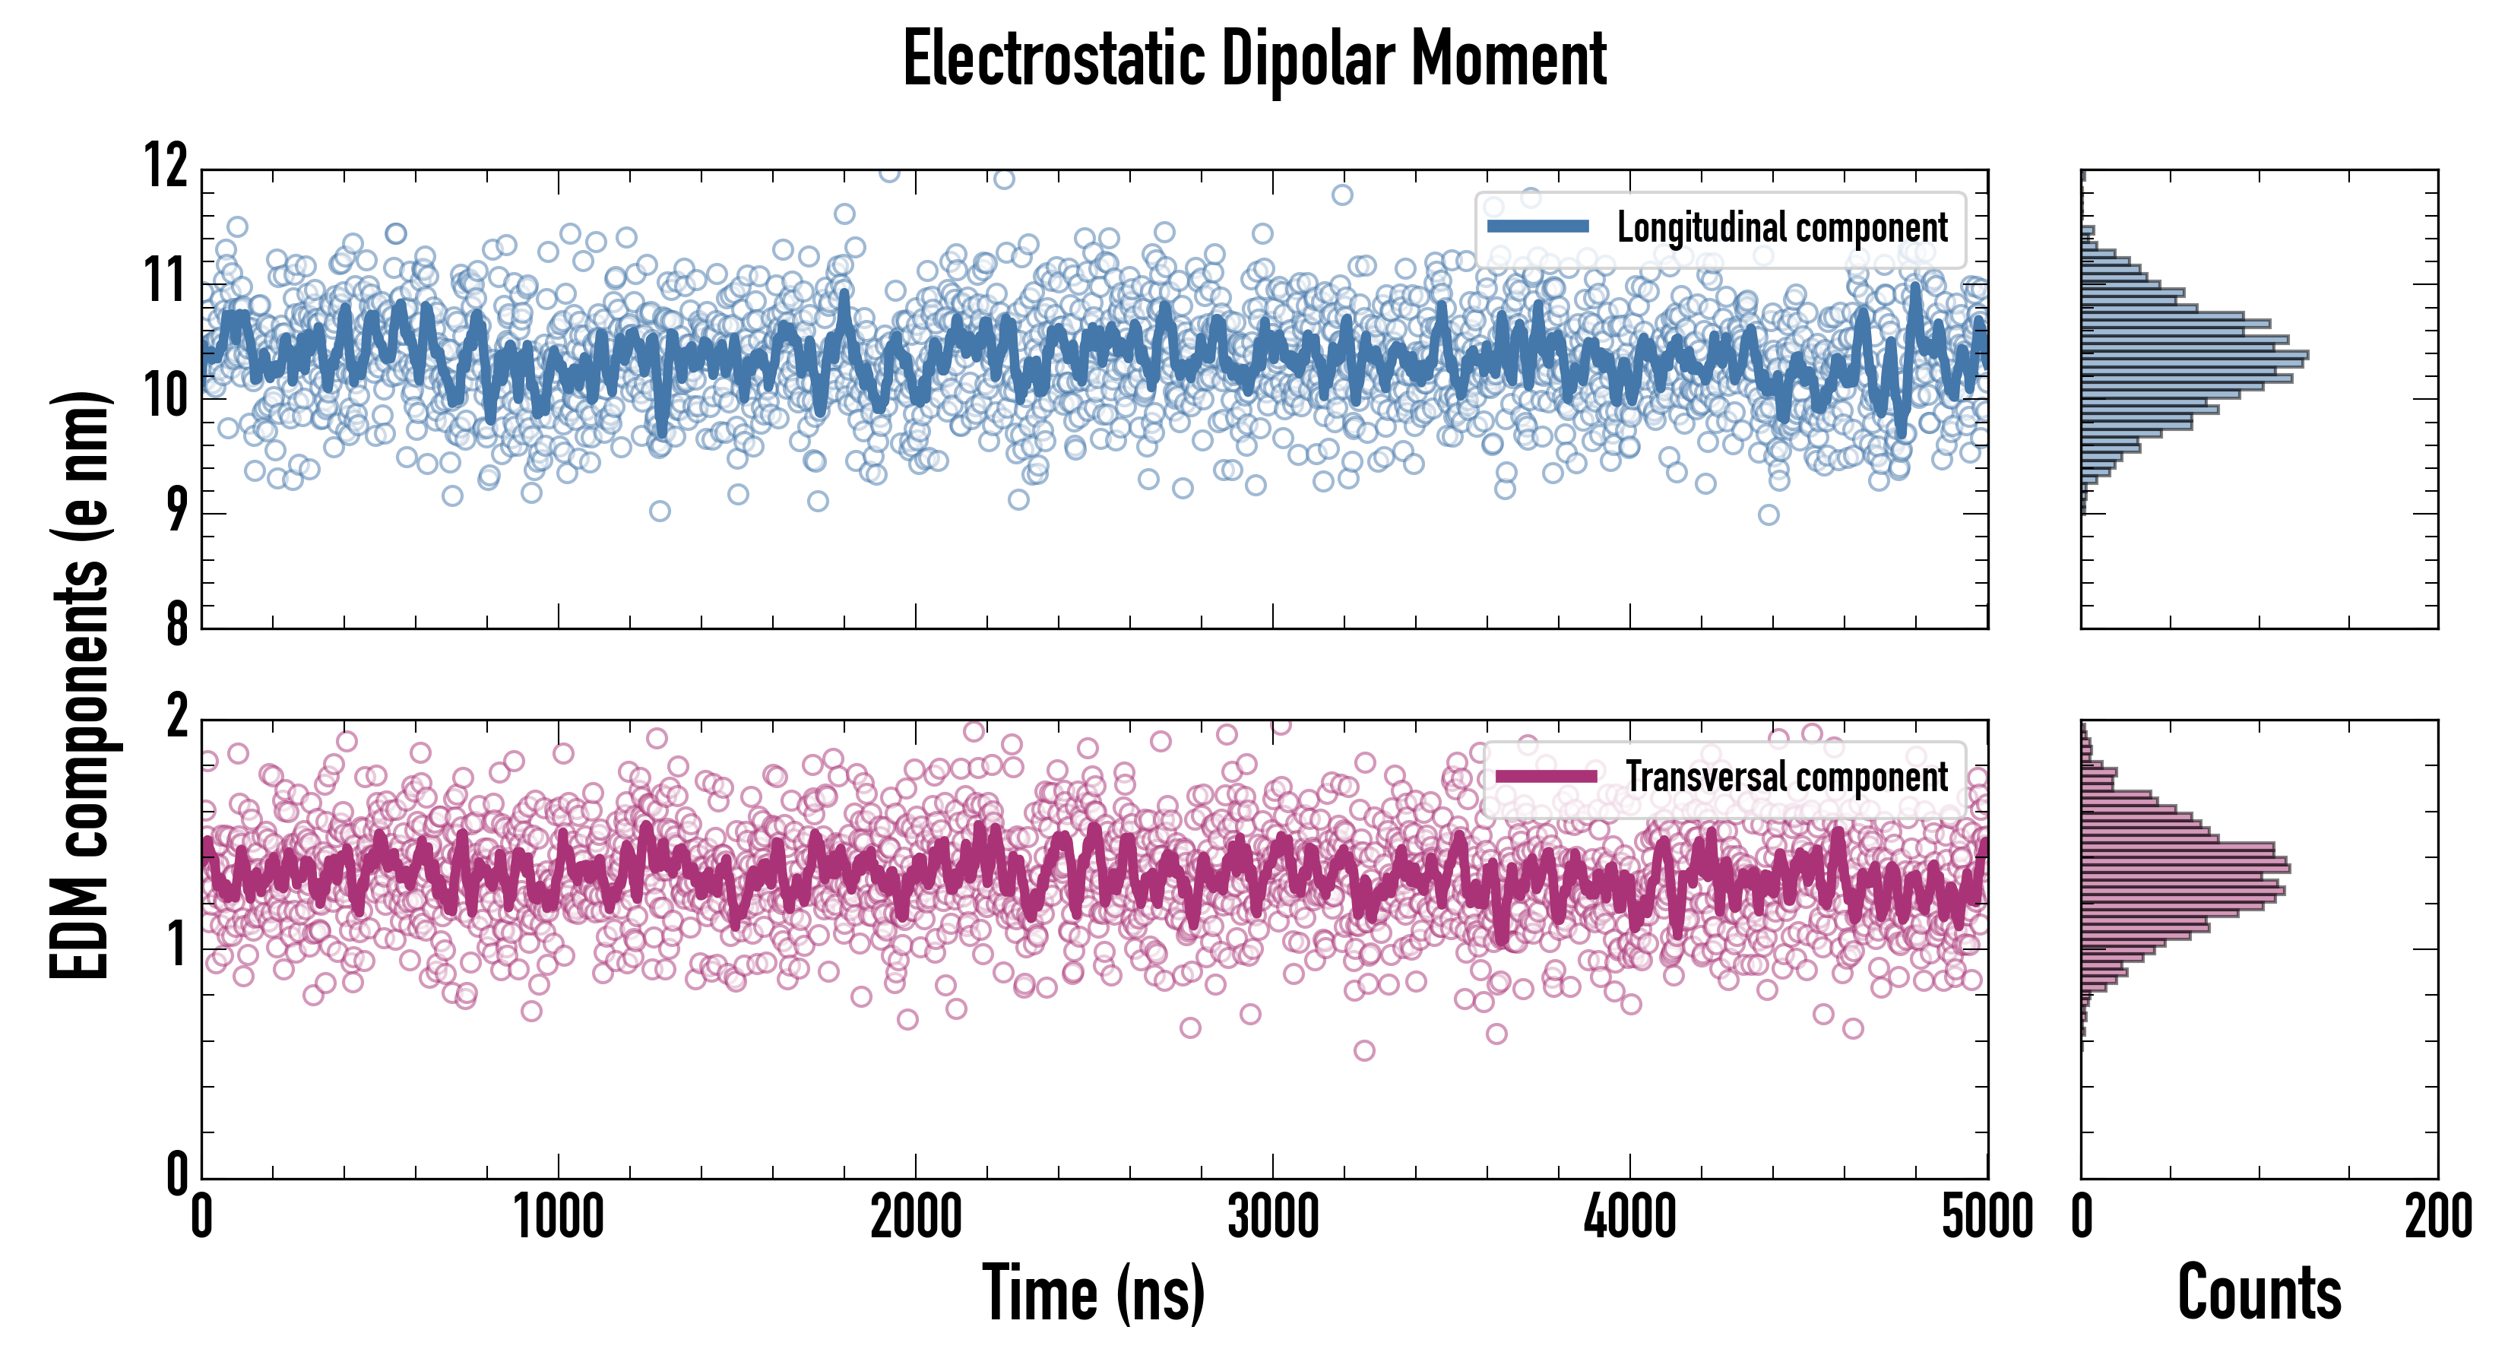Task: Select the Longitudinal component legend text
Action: pyautogui.click(x=1781, y=228)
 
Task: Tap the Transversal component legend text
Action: pyautogui.click(x=1787, y=777)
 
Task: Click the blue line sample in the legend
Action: pyautogui.click(x=1537, y=227)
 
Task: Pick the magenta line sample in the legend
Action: pyautogui.click(x=1545, y=776)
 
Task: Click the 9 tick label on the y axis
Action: pyautogui.click(x=176, y=509)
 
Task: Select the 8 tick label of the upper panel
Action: pyautogui.click(x=176, y=623)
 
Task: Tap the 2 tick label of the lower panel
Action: pyautogui.click(x=176, y=717)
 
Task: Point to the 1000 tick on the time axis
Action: pyautogui.click(x=558, y=1217)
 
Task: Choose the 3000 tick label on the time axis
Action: pyautogui.click(x=1272, y=1217)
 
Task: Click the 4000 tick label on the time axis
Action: pyautogui.click(x=1629, y=1217)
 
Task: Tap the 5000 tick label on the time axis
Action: pyautogui.click(x=1986, y=1217)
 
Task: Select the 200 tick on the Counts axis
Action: pyautogui.click(x=2437, y=1217)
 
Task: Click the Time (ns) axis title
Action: pyautogui.click(x=1094, y=1293)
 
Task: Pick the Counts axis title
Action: pyautogui.click(x=2259, y=1293)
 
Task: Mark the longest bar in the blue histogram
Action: pyautogui.click(x=2195, y=354)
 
